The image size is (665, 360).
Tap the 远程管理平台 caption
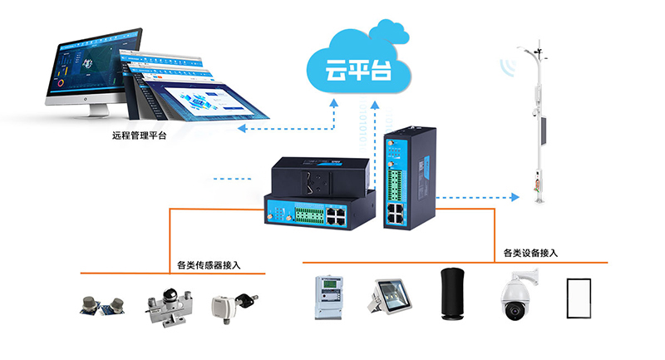click(x=139, y=136)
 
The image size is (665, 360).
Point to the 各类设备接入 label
click(x=530, y=253)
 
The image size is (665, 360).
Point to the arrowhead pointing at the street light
click(x=514, y=198)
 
